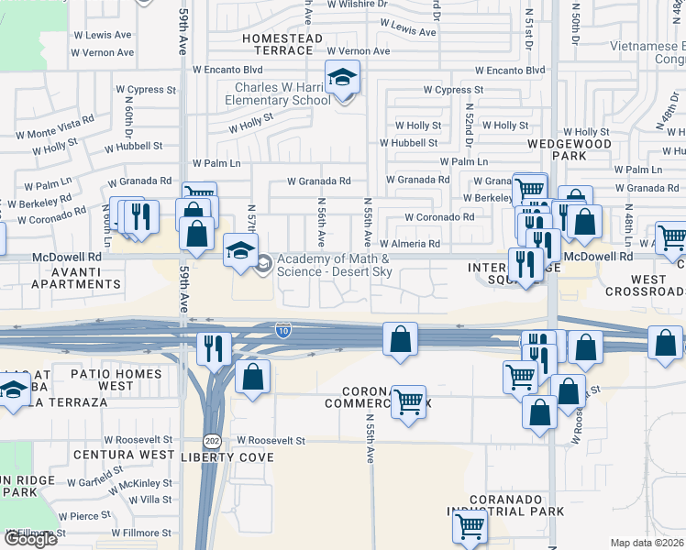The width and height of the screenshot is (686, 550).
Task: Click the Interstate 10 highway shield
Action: point(284,330)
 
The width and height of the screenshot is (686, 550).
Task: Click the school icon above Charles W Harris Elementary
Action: point(343,78)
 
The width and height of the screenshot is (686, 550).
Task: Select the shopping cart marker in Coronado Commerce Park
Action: point(408,401)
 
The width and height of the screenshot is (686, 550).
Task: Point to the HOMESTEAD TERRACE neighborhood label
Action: point(282,38)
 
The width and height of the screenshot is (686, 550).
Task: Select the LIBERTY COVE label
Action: point(227,456)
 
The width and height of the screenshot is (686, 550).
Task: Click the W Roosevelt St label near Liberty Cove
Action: point(271,440)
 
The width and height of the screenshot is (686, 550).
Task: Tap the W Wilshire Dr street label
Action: point(355,4)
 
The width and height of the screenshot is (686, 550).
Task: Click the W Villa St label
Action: point(150,500)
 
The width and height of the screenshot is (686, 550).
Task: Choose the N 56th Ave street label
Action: point(321,223)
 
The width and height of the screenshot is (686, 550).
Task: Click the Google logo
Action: point(29,539)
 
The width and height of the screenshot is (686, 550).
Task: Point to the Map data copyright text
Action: point(647,543)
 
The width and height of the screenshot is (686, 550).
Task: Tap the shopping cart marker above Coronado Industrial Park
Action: point(469,527)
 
